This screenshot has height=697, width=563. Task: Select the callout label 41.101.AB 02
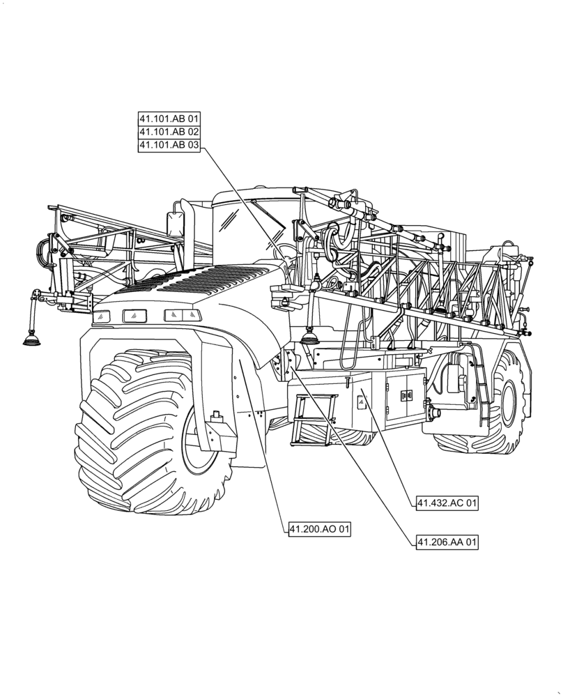tap(169, 132)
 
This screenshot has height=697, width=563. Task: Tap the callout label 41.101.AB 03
tap(169, 145)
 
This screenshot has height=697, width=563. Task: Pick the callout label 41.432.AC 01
tap(447, 503)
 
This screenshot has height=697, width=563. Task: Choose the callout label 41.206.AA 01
tap(447, 542)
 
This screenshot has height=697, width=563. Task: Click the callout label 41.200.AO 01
tap(319, 530)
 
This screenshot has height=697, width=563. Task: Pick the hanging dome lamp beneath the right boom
tap(310, 338)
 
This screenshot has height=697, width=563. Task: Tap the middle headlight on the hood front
tap(134, 316)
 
